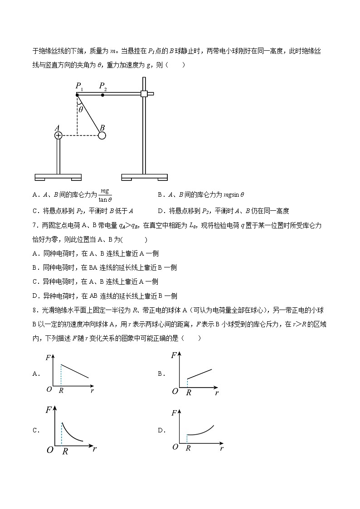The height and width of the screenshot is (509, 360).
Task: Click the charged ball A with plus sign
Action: click(x=58, y=135)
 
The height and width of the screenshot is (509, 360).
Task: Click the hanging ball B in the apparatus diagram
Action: click(x=102, y=135)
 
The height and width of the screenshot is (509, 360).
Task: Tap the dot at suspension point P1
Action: click(x=77, y=94)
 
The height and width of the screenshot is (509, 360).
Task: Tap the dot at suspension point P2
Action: click(x=103, y=94)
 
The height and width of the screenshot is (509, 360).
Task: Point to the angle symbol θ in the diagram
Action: click(x=81, y=109)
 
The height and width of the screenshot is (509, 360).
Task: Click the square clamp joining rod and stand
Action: click(x=145, y=94)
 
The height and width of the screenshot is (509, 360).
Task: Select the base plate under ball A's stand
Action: click(x=58, y=176)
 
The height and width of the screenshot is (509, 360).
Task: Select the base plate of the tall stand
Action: click(x=145, y=176)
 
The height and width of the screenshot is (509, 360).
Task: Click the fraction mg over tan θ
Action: click(x=105, y=195)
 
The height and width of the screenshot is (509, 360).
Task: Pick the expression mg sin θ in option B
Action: click(x=233, y=195)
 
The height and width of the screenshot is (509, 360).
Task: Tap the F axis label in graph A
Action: click(x=49, y=357)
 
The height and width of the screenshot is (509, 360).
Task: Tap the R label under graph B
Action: click(x=189, y=393)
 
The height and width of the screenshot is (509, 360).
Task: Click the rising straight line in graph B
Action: click(x=199, y=374)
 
